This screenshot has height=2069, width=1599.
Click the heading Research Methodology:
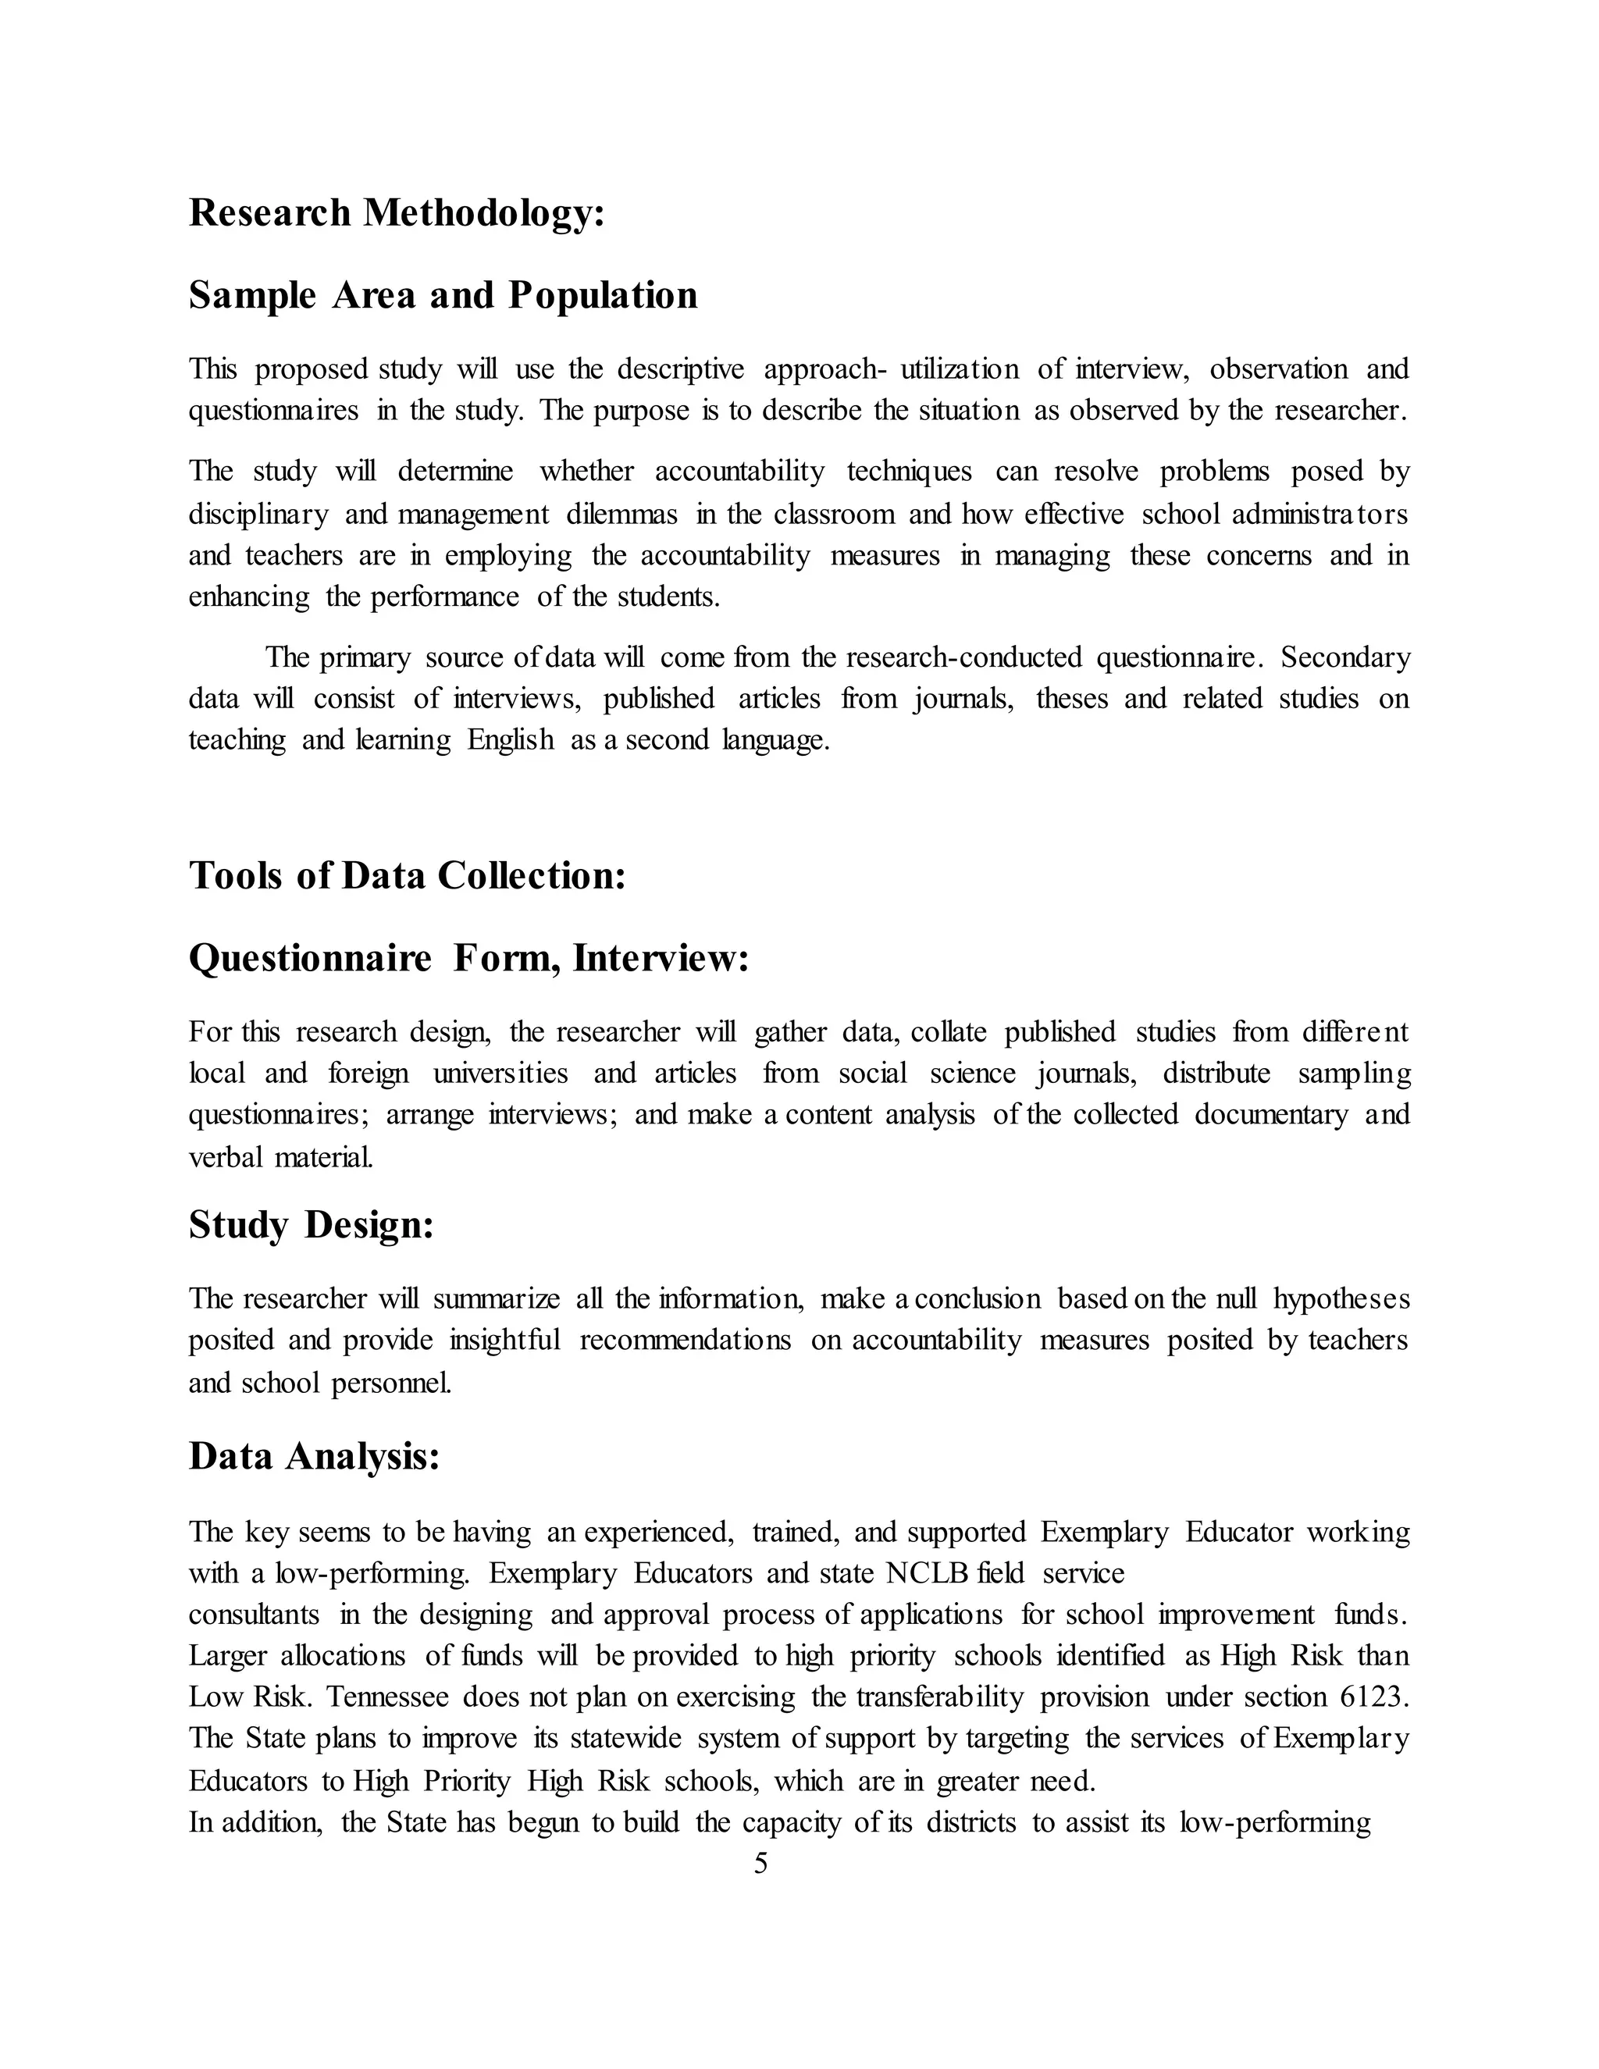(396, 213)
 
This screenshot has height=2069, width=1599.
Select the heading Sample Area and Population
(443, 296)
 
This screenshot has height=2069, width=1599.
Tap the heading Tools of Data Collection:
(408, 875)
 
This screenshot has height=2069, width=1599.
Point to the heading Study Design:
(311, 1225)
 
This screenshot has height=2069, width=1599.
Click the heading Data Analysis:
(315, 1456)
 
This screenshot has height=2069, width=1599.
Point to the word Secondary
(1345, 657)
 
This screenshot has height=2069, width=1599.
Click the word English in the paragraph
(511, 740)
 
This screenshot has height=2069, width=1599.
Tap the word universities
(500, 1074)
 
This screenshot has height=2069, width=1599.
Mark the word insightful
(505, 1341)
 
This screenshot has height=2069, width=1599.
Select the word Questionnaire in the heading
(310, 959)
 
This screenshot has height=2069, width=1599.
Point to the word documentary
(1270, 1115)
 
